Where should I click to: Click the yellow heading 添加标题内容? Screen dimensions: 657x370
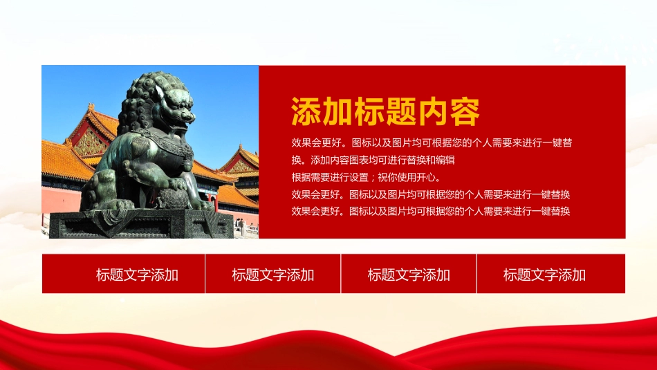(x=385, y=111)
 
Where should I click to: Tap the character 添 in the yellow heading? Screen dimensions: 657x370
(x=306, y=111)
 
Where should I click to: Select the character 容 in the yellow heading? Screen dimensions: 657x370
(x=464, y=111)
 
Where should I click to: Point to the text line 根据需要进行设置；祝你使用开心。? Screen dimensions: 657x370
(x=367, y=177)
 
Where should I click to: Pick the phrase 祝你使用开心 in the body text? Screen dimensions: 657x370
(x=407, y=177)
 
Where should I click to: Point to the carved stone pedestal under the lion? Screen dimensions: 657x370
(x=141, y=224)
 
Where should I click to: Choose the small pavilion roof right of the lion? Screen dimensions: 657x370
(x=241, y=162)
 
